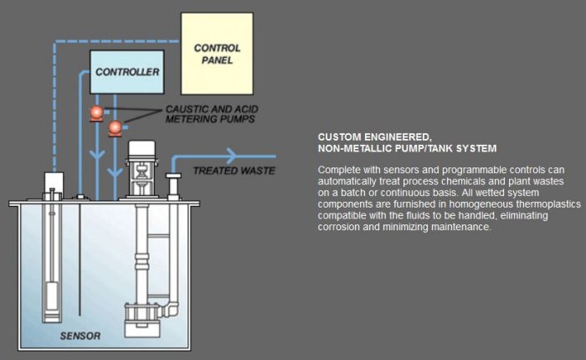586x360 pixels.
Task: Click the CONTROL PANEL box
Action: coord(217,54)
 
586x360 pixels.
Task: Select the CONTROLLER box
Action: coord(126,72)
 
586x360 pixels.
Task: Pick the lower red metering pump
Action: coord(116,128)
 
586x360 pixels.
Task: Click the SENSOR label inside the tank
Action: coord(80,337)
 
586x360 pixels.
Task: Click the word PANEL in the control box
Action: coord(217,61)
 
